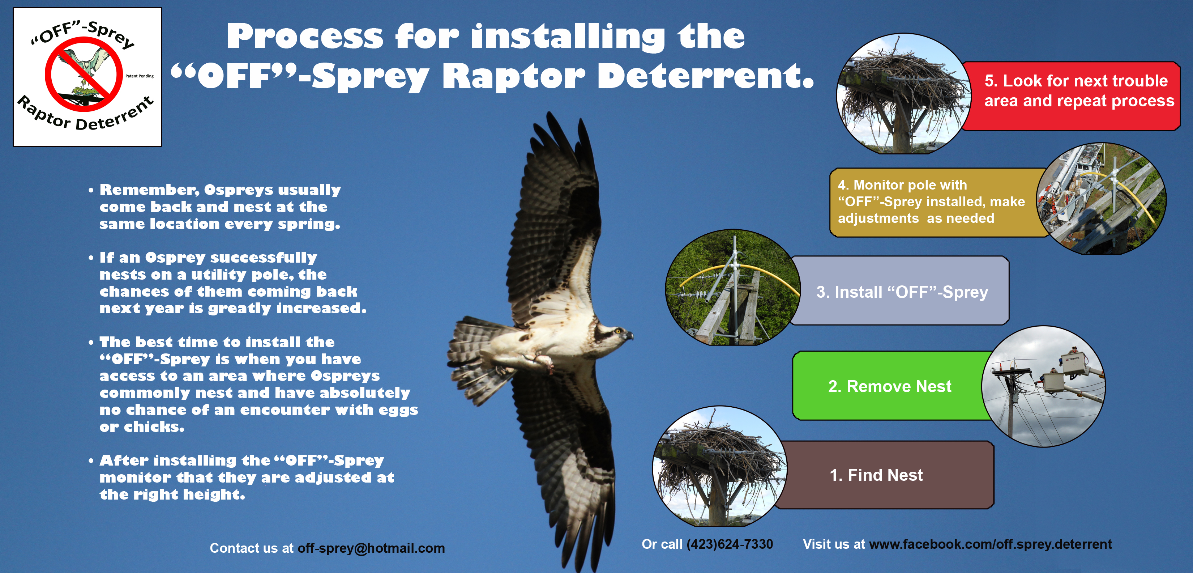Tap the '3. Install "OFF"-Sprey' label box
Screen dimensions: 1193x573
tap(901, 291)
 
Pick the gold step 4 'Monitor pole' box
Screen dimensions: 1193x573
tap(936, 203)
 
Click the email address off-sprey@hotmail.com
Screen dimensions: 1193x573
tap(371, 548)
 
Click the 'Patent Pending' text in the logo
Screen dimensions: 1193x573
tap(140, 76)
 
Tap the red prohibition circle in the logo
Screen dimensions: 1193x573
tap(84, 74)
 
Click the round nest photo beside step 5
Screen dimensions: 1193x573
tap(903, 93)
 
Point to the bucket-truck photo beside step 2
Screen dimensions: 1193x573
tap(1043, 386)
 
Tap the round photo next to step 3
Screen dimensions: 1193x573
tap(733, 288)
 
